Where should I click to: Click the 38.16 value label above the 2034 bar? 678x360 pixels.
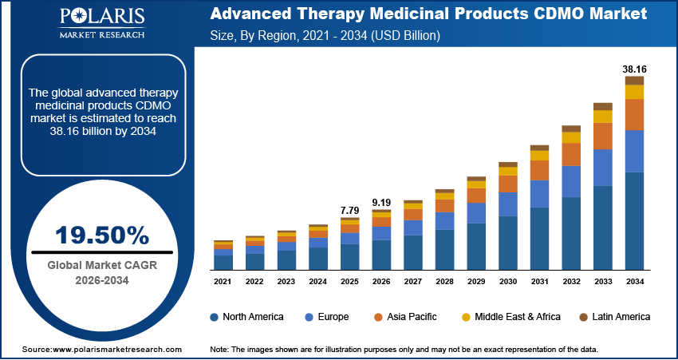point(634,69)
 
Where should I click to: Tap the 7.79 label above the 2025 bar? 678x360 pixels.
point(350,210)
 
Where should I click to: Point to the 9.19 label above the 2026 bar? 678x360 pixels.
point(382,203)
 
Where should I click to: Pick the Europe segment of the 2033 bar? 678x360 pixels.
point(602,168)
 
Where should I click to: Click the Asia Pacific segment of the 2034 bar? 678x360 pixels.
point(634,114)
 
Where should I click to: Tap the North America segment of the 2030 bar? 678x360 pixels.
point(508,243)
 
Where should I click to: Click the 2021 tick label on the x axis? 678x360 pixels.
point(223,282)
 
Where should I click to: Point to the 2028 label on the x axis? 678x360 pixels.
point(445,282)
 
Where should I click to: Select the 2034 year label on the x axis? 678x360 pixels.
point(634,282)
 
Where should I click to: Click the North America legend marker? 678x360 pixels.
point(214,317)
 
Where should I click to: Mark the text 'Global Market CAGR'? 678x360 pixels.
point(101,266)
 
